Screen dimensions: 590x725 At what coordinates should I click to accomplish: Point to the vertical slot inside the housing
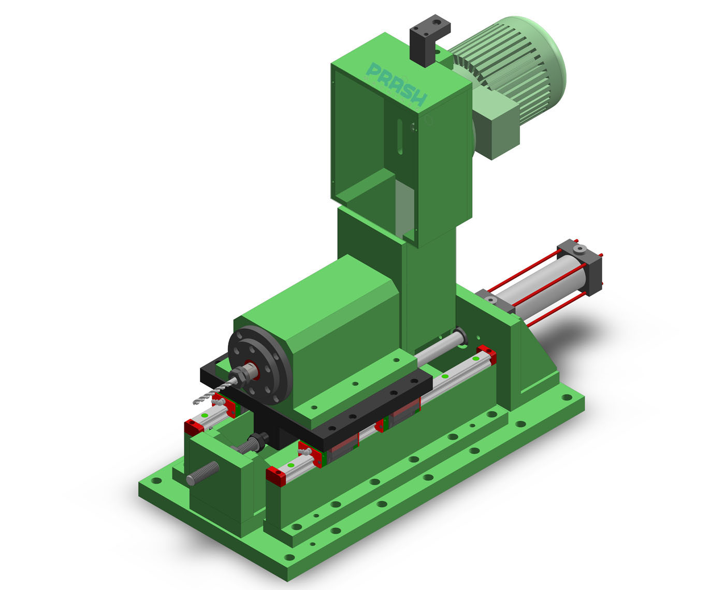point(400,137)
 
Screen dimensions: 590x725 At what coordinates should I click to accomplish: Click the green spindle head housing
point(331,321)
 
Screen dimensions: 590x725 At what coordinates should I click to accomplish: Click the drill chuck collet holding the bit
point(247,372)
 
